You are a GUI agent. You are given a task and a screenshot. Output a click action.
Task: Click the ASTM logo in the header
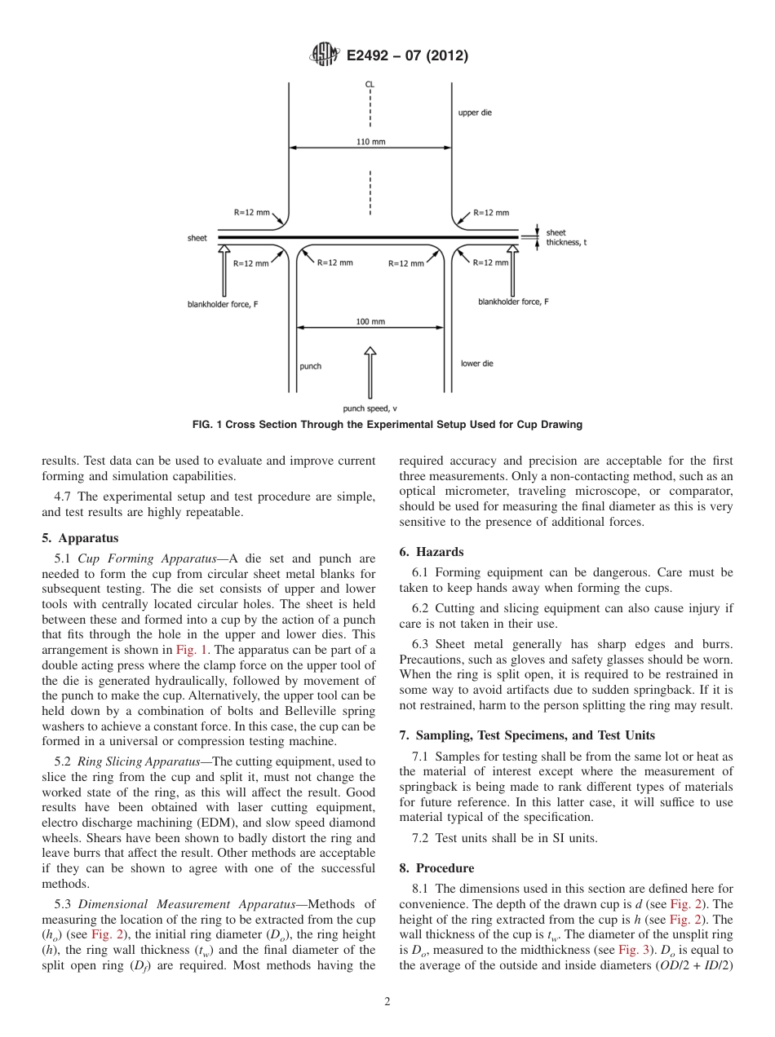(x=324, y=55)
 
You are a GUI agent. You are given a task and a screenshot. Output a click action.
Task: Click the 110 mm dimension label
(x=370, y=141)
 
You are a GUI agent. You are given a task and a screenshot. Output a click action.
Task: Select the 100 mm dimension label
(x=370, y=321)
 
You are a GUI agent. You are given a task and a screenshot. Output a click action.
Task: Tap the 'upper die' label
(x=475, y=113)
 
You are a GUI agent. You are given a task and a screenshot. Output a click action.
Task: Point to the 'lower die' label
(x=476, y=364)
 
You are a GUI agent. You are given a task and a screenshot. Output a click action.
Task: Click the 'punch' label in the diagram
(x=311, y=366)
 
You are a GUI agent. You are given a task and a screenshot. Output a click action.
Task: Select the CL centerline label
(x=370, y=84)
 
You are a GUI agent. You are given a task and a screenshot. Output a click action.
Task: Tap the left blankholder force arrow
(x=224, y=273)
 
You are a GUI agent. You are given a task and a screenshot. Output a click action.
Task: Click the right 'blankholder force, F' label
(x=513, y=302)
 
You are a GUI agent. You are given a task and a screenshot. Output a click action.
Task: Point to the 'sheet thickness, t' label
(x=563, y=237)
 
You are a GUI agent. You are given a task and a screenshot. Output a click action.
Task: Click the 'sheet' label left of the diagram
(x=197, y=238)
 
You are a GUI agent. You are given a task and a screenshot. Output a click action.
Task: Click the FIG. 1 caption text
(x=387, y=425)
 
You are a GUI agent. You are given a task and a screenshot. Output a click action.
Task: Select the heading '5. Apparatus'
(x=80, y=538)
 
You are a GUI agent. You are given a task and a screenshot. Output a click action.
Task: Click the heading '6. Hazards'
(x=432, y=552)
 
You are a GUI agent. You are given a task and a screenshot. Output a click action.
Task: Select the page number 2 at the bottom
(x=387, y=1002)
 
